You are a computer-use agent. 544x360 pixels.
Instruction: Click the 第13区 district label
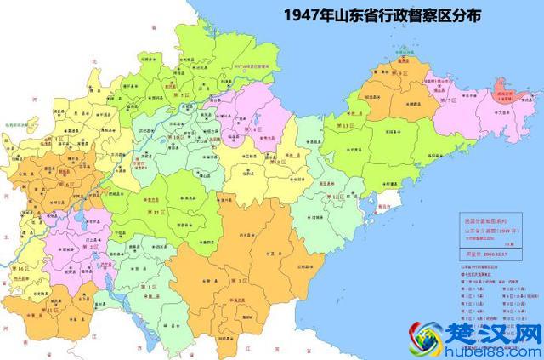(346, 126)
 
